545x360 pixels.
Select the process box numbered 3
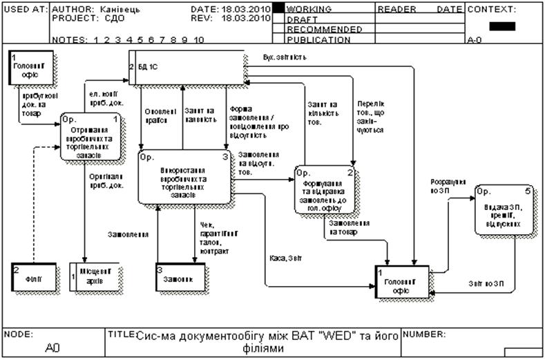pos(184,178)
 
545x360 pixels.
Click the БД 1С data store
pos(187,68)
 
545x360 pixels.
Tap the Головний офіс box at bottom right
pos(402,281)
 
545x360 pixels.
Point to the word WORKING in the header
pos(309,10)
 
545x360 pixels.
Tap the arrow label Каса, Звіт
pos(285,258)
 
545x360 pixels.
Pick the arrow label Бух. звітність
pos(285,57)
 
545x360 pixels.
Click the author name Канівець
pos(122,10)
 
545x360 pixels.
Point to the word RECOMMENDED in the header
pos(324,30)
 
